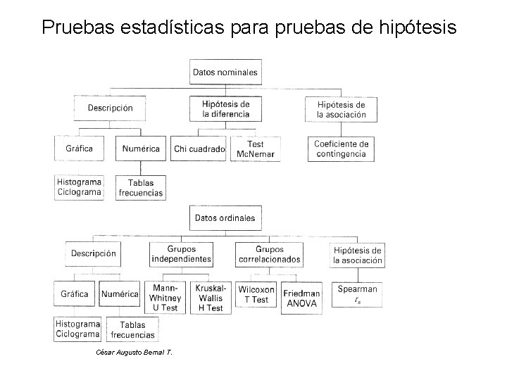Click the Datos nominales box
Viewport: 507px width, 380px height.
pos(225,72)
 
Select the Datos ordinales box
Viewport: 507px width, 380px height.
pos(225,218)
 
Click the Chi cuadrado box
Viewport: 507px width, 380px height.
pos(199,149)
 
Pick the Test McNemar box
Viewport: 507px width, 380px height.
pos(250,149)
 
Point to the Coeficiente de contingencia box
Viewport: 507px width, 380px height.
pos(341,149)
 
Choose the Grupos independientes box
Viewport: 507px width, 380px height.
pos(181,254)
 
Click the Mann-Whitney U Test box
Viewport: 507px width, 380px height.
pos(165,298)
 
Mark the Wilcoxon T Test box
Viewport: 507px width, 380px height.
pos(256,295)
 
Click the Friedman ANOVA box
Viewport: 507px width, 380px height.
pos(301,298)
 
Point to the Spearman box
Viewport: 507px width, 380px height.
pos(357,295)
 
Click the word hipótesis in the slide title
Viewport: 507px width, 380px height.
pos(421,27)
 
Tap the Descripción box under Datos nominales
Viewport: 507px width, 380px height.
pos(110,108)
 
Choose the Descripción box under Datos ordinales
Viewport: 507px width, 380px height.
pos(94,254)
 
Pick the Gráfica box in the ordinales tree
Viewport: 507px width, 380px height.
pos(75,294)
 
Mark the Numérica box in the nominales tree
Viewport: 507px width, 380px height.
pos(141,149)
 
